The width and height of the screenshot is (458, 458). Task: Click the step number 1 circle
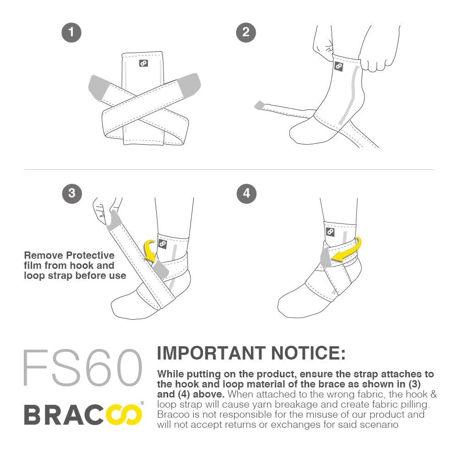[x=71, y=33]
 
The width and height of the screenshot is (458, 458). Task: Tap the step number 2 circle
[x=246, y=33]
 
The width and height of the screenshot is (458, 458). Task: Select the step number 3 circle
[x=72, y=194]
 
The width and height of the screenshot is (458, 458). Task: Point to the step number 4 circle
[x=246, y=194]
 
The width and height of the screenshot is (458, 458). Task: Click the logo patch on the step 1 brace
[x=143, y=63]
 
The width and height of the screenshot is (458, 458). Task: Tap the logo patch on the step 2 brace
[x=338, y=66]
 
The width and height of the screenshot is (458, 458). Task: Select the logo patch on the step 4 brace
[x=330, y=232]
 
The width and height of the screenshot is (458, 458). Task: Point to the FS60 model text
[x=83, y=367]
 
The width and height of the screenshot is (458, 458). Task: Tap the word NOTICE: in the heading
[x=308, y=353]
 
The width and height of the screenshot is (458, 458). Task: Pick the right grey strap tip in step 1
[x=189, y=85]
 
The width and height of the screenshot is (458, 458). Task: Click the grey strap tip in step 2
[x=259, y=105]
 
